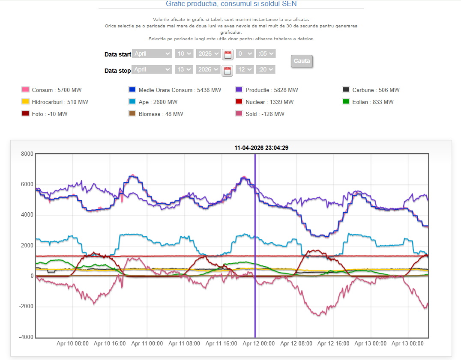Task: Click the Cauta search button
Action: point(302,61)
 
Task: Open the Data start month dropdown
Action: point(152,54)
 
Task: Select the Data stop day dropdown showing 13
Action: point(183,69)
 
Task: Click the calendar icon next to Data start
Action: point(228,54)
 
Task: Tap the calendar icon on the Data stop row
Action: point(228,70)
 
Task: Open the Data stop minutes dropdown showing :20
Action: point(265,69)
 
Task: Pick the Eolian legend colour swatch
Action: point(346,102)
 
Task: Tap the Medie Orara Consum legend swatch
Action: point(132,90)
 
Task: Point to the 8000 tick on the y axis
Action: point(27,154)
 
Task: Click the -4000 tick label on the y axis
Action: point(26,337)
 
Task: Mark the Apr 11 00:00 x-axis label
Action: point(147,343)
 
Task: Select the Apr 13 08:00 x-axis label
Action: point(408,343)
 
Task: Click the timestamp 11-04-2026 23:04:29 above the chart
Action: point(261,148)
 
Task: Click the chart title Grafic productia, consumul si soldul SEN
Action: point(231,4)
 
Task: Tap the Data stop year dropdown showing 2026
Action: point(208,69)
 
